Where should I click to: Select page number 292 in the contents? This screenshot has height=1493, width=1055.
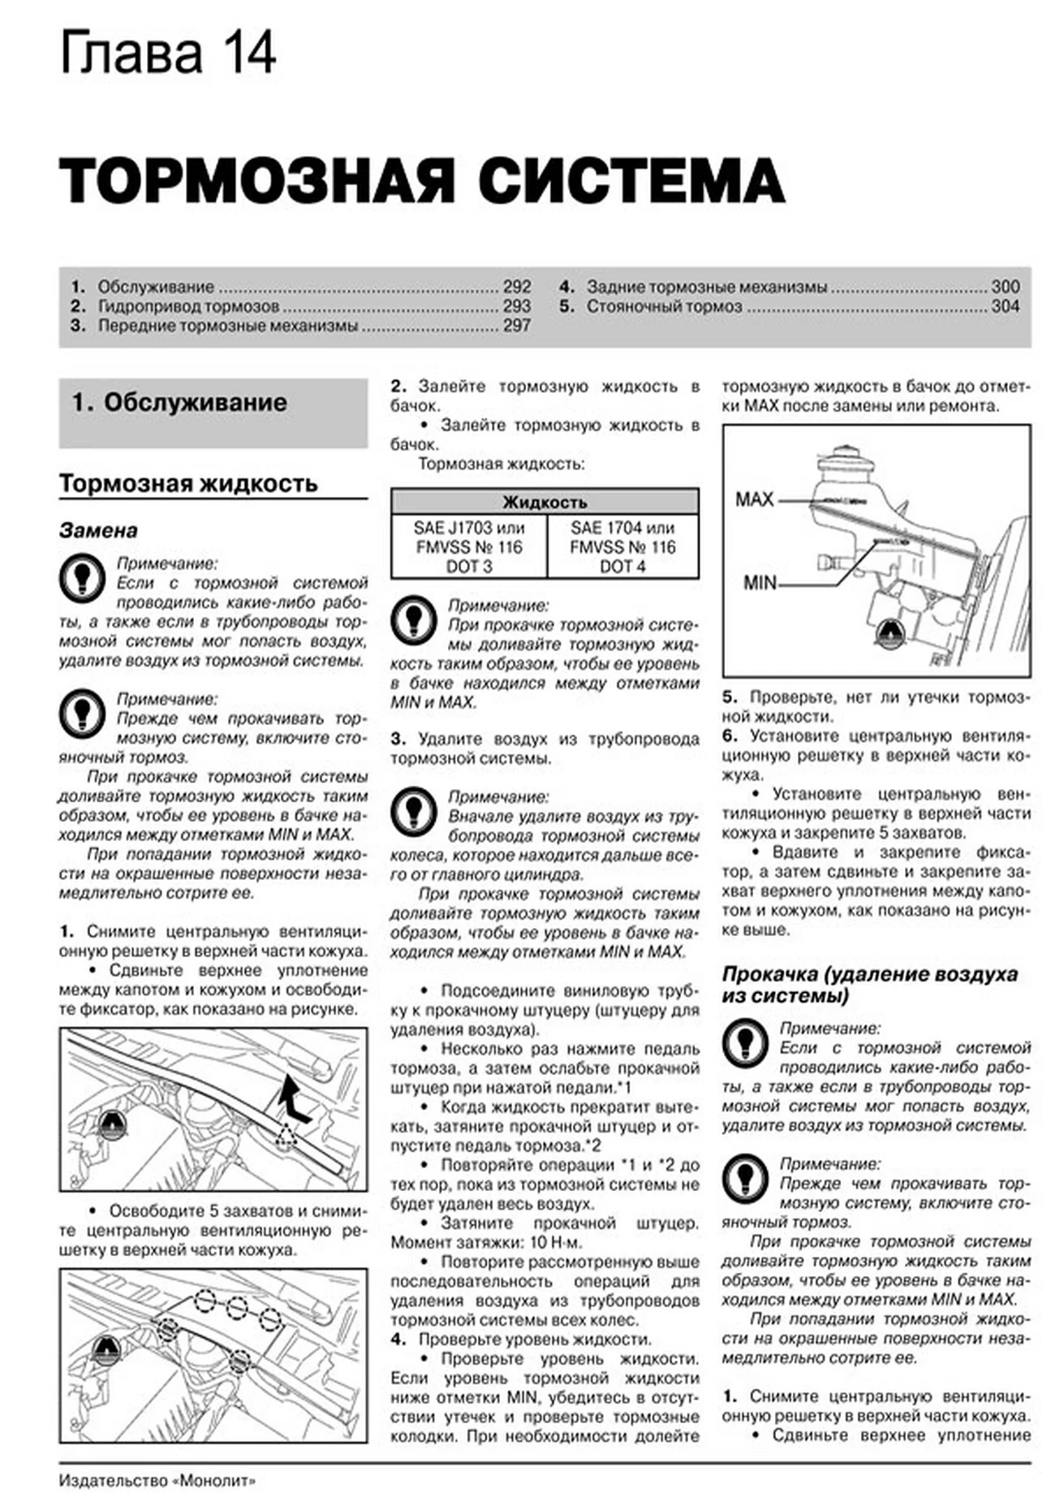[516, 287]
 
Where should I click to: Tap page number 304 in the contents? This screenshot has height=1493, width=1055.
[1005, 306]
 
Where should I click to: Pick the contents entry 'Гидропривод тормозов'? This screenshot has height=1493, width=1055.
[188, 306]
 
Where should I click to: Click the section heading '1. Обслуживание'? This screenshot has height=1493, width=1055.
[179, 403]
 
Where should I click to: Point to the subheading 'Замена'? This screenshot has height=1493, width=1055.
[98, 530]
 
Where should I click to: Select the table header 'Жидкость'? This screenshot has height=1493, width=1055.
[545, 502]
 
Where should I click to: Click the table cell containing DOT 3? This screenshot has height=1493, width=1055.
[469, 547]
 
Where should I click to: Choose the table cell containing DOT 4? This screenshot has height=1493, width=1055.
[622, 547]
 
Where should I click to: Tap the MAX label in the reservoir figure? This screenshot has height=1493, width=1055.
[755, 499]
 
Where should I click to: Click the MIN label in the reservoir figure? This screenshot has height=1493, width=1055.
[760, 582]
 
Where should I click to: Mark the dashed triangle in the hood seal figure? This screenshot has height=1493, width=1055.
[286, 1137]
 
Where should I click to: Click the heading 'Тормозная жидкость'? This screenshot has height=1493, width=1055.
[188, 484]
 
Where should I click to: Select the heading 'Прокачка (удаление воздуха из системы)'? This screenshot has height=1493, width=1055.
[869, 985]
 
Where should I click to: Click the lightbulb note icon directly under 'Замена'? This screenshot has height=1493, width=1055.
[82, 578]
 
